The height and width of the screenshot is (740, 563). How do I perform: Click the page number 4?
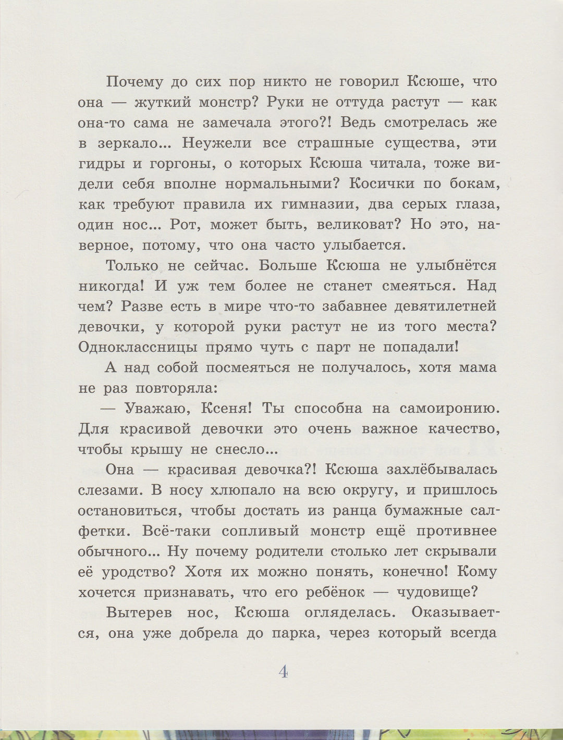pos(283,672)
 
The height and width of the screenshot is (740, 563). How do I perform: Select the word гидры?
pos(102,164)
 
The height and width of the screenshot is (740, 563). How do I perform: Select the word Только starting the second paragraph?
pos(132,266)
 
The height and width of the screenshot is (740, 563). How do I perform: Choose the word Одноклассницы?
pos(137,348)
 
